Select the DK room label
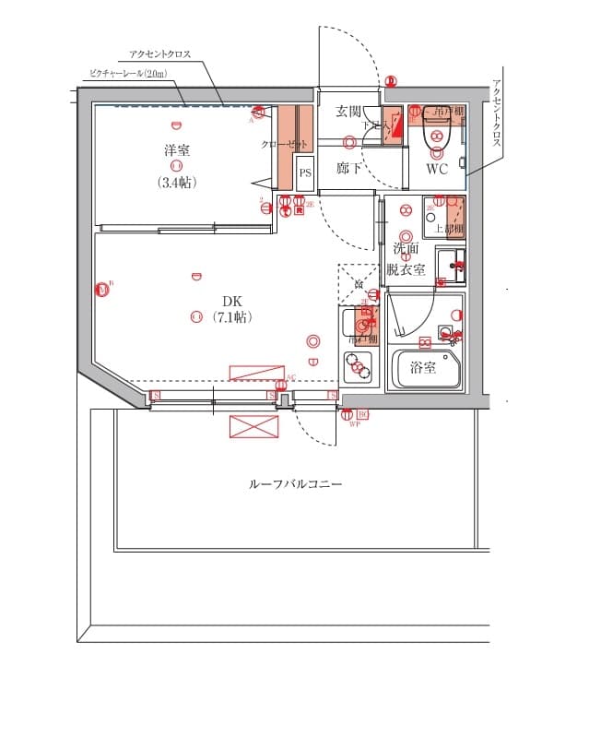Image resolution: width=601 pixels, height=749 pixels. coord(230,301)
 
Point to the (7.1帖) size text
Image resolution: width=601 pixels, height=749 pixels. coord(230,317)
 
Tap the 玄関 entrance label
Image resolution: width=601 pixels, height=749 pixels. coord(348,112)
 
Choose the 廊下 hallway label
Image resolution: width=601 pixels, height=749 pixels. coord(348,168)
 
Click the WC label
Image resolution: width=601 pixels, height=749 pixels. coord(436,169)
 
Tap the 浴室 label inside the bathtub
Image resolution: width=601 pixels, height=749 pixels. coord(423,367)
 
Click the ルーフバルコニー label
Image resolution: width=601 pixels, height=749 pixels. coord(295,483)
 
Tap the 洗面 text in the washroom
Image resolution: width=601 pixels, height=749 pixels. coord(406,249)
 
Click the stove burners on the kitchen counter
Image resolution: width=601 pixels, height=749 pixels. coord(357,368)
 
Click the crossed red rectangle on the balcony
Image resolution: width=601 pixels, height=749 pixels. coord(253,426)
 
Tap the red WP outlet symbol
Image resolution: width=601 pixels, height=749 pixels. coord(353,417)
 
